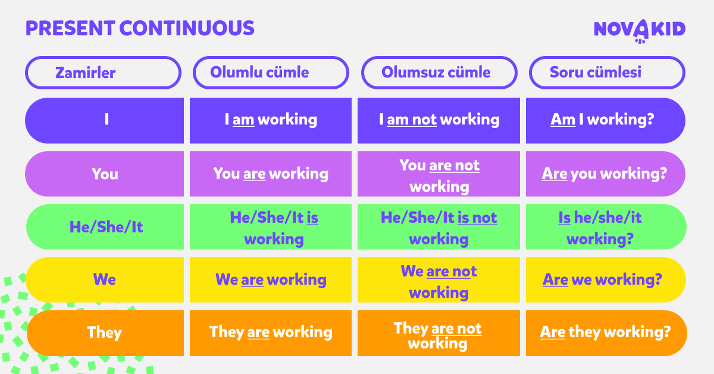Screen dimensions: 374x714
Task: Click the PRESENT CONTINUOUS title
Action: point(140,28)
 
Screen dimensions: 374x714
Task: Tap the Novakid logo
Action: point(640,30)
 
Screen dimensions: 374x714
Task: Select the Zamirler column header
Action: point(103,73)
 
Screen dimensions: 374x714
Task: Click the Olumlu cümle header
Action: point(271,73)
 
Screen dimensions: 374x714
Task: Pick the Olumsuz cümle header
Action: point(439,73)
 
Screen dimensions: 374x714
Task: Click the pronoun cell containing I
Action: point(105,120)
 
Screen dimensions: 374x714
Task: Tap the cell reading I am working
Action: point(271,120)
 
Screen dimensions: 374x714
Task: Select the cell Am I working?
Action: point(605,120)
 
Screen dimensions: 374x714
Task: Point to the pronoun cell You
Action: point(105,174)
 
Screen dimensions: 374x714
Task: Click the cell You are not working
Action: point(439,174)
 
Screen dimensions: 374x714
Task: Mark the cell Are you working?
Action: point(605,174)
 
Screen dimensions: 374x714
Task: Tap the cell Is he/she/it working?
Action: point(605,227)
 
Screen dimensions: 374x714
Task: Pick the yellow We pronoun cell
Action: point(105,279)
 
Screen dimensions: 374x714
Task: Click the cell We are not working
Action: point(439,280)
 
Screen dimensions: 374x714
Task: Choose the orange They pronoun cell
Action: point(105,332)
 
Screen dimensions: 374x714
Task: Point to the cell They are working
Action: point(271,332)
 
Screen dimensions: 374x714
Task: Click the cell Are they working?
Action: point(605,332)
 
